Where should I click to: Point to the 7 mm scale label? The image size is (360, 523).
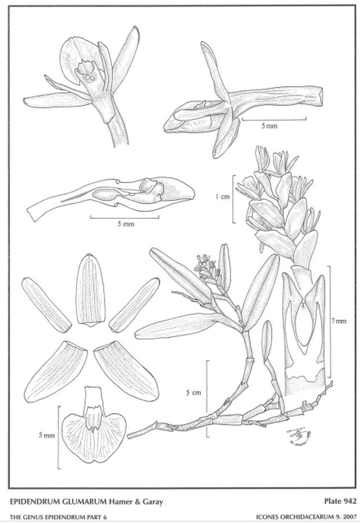coord(337,321)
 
